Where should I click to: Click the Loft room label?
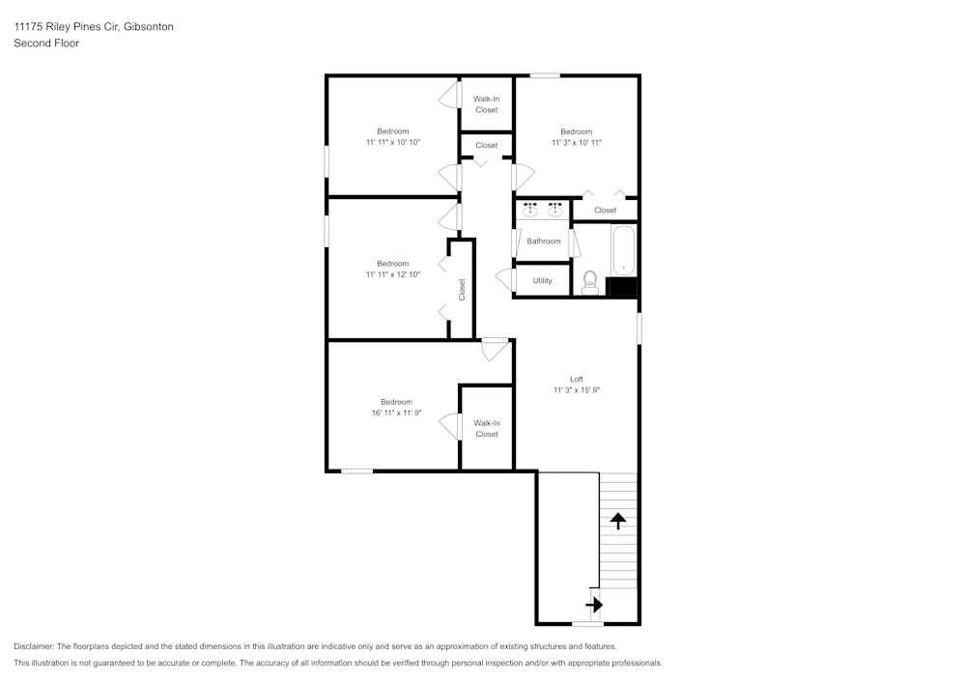[576, 379]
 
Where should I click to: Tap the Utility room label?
[543, 280]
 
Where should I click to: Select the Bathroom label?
[543, 242]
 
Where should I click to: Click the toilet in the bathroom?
[589, 283]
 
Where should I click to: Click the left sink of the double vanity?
[530, 210]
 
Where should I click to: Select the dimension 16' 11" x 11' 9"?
[396, 413]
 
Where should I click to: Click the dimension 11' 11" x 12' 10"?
[393, 274]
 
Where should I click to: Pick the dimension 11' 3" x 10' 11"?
[577, 143]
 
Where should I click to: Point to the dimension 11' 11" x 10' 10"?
[393, 142]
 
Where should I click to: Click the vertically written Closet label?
[462, 290]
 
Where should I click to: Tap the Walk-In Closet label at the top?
[486, 104]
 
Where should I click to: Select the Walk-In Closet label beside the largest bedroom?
[487, 429]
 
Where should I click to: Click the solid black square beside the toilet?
[621, 286]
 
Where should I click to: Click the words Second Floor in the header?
[46, 43]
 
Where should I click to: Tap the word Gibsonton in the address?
[149, 27]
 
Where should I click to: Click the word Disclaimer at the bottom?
[34, 646]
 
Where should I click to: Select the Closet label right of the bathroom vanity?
[605, 210]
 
